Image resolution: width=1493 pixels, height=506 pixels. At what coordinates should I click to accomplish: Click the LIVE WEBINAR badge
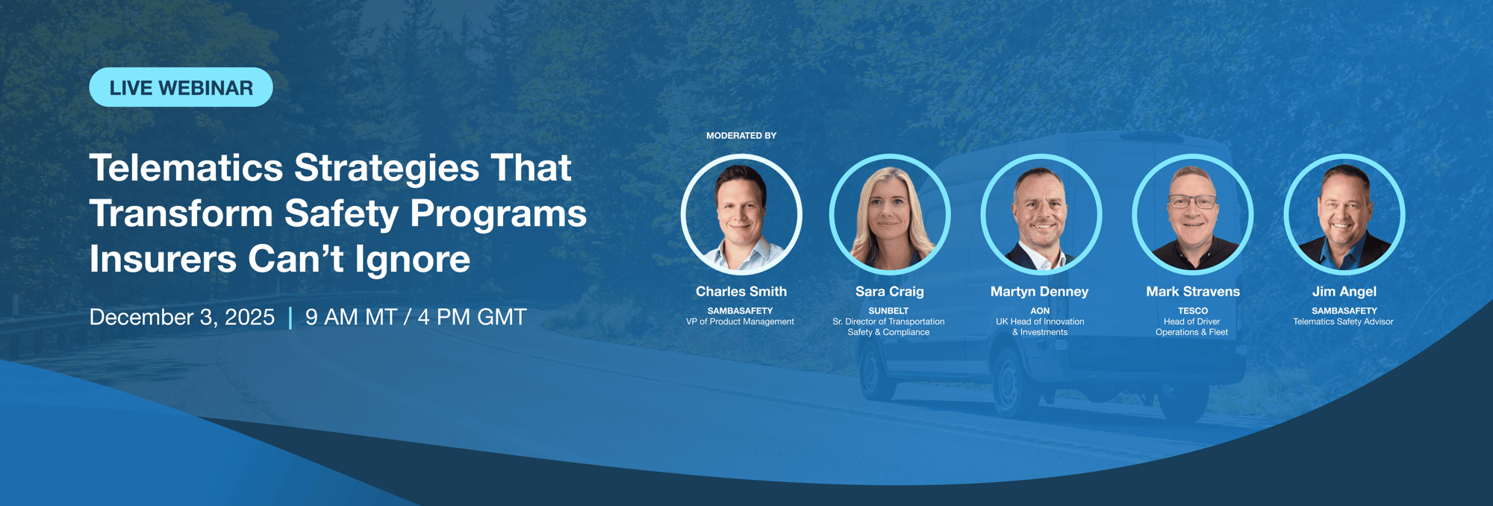[181, 87]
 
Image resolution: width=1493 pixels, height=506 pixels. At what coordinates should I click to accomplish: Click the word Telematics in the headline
[186, 168]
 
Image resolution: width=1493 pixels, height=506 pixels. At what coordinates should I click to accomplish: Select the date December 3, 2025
[181, 317]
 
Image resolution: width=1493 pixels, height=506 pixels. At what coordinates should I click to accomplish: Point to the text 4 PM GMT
[472, 317]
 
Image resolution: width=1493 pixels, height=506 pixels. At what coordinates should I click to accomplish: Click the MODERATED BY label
[741, 136]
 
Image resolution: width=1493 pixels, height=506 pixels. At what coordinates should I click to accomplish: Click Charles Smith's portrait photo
[741, 216]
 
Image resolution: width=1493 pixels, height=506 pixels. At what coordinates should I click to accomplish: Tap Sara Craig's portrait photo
[889, 216]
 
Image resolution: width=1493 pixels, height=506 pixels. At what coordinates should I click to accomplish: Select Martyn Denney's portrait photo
[1040, 216]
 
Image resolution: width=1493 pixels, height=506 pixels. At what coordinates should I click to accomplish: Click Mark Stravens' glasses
[1192, 202]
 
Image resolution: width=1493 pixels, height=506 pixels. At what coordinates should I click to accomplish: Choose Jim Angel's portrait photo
[1344, 216]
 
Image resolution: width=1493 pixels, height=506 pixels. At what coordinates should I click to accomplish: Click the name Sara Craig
[889, 292]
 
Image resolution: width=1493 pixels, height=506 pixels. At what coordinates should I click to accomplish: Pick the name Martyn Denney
[1039, 292]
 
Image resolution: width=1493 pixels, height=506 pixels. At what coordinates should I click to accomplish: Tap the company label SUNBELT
[888, 310]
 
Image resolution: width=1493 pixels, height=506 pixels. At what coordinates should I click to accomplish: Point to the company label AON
[1040, 310]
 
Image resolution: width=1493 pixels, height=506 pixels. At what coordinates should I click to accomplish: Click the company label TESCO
[1192, 310]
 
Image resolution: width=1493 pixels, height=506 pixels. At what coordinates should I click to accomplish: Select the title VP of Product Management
[740, 322]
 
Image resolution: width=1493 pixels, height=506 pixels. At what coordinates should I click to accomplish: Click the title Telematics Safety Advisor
[1343, 322]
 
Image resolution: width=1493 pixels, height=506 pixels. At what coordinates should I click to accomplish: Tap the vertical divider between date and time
[290, 318]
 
